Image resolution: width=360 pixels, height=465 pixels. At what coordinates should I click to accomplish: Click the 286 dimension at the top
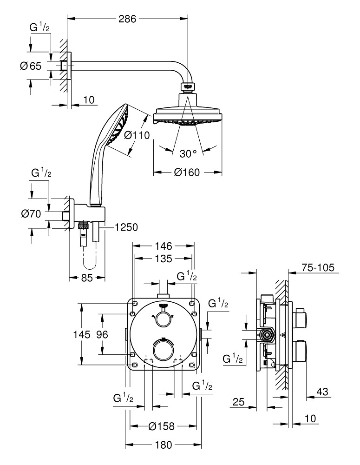click(x=127, y=19)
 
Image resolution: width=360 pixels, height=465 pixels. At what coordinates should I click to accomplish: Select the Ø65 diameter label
click(x=31, y=66)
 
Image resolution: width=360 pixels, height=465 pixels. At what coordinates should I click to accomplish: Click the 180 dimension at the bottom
click(x=163, y=445)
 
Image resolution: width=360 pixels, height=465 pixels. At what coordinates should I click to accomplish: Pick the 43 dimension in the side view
click(x=321, y=392)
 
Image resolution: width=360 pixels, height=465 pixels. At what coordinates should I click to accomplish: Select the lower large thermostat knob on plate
click(x=163, y=349)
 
